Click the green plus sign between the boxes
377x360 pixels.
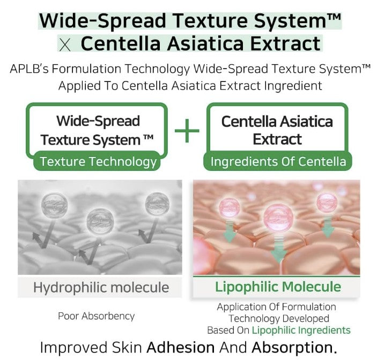click(x=187, y=131)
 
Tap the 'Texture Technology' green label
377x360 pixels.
click(x=97, y=161)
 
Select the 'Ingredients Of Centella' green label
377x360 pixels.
click(x=278, y=161)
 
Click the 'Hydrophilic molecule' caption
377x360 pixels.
click(x=101, y=287)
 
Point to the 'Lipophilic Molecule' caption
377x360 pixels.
click(x=278, y=287)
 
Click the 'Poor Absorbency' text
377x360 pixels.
click(x=96, y=316)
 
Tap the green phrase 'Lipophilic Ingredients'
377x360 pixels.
click(x=301, y=330)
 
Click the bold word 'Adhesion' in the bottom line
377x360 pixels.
click(x=181, y=347)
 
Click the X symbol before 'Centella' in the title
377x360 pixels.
click(x=65, y=45)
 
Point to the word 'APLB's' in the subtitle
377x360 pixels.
click(x=29, y=69)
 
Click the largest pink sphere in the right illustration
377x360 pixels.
click(x=278, y=217)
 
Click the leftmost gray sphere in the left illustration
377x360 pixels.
click(x=54, y=205)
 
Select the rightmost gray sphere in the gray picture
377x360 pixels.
click(x=157, y=204)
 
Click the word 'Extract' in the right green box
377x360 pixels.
click(x=277, y=139)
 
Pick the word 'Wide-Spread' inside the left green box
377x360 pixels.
click(x=98, y=121)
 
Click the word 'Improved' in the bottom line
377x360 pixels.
click(x=74, y=348)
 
